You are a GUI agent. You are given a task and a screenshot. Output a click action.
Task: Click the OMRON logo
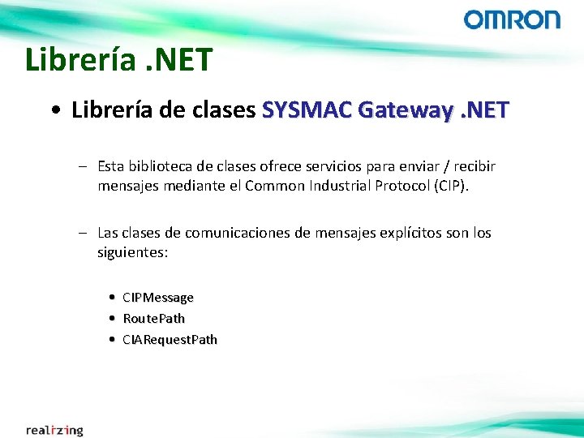tap(512, 19)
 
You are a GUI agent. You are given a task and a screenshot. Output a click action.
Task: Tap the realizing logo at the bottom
tap(54, 430)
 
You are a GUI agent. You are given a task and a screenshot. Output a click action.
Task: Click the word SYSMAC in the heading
tap(309, 109)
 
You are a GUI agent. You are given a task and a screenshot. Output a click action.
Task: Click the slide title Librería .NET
tap(118, 59)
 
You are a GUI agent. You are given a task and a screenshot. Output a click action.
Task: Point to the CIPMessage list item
tap(158, 298)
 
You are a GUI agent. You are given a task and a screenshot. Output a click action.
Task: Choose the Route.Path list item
tap(153, 319)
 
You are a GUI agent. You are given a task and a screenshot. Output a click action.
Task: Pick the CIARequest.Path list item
tap(170, 340)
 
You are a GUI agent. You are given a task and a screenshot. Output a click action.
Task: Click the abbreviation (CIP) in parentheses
tap(452, 186)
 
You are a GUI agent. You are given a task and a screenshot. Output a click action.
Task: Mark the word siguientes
tap(132, 252)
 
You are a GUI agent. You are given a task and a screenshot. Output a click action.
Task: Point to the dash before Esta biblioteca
tap(84, 166)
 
